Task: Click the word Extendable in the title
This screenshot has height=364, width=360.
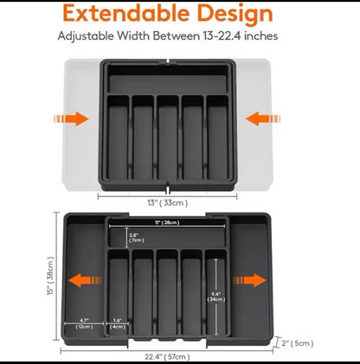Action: (127, 15)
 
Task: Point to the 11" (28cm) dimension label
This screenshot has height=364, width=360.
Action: (170, 222)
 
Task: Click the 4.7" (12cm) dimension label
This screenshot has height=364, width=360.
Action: (85, 323)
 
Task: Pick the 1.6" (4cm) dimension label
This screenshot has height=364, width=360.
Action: (117, 323)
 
